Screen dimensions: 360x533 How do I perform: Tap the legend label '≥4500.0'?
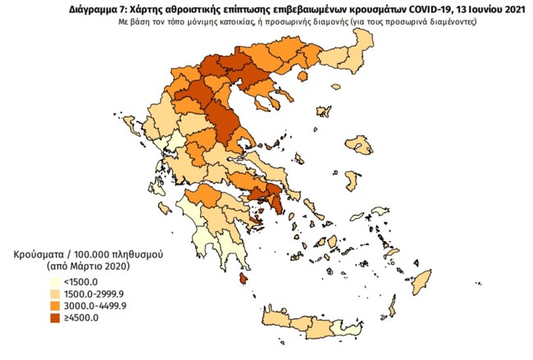(x=58, y=317)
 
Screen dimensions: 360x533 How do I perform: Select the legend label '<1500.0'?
(x=58, y=283)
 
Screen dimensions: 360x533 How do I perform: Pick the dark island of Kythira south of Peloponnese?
(x=244, y=279)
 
